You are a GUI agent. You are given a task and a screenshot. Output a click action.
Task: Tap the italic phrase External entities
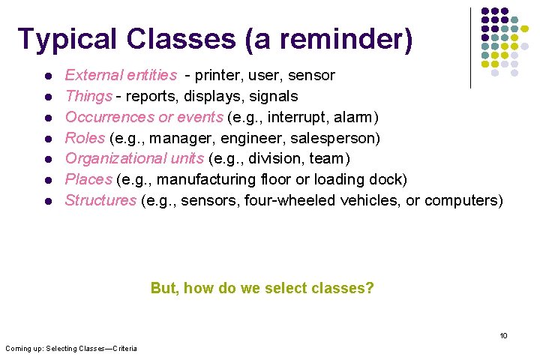(121, 75)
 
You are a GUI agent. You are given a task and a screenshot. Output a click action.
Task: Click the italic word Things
(88, 96)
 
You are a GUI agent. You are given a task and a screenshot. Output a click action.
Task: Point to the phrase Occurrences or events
(143, 117)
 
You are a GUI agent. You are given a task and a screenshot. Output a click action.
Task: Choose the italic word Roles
(85, 138)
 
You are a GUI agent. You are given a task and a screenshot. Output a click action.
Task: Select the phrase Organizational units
(135, 158)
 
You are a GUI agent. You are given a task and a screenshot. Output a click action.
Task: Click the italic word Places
(88, 179)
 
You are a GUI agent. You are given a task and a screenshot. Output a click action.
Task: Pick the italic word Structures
(100, 200)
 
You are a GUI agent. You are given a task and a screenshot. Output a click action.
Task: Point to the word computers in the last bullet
(463, 200)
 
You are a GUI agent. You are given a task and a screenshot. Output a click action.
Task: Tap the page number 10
(504, 335)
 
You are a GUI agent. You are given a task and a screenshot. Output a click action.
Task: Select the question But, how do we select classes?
(262, 288)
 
